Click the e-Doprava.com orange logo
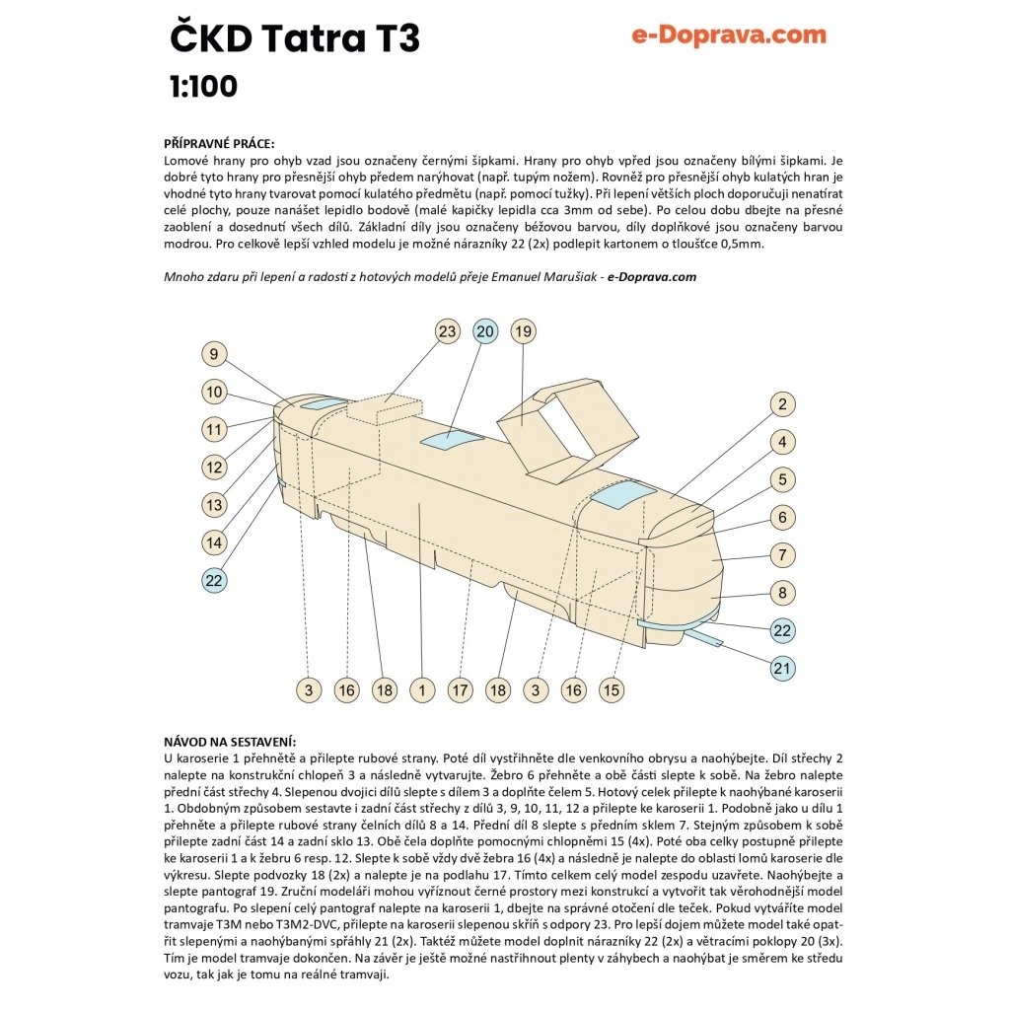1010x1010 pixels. click(729, 35)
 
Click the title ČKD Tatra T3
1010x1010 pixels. click(295, 38)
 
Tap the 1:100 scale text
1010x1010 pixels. click(203, 87)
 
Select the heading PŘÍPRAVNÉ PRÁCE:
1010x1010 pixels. click(219, 144)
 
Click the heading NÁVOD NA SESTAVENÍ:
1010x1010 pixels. click(230, 742)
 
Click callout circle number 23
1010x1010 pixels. click(447, 331)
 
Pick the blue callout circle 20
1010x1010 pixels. click(485, 331)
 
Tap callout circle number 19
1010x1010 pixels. click(523, 331)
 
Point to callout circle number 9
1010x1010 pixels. click(214, 354)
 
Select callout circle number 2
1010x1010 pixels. click(782, 404)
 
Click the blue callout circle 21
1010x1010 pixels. click(782, 668)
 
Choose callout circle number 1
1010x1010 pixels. click(422, 690)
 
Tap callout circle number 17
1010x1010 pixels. click(460, 690)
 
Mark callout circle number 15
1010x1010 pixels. click(612, 690)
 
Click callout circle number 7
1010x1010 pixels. click(782, 555)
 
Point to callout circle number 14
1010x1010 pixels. click(214, 543)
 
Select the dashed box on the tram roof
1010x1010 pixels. click(385, 409)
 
